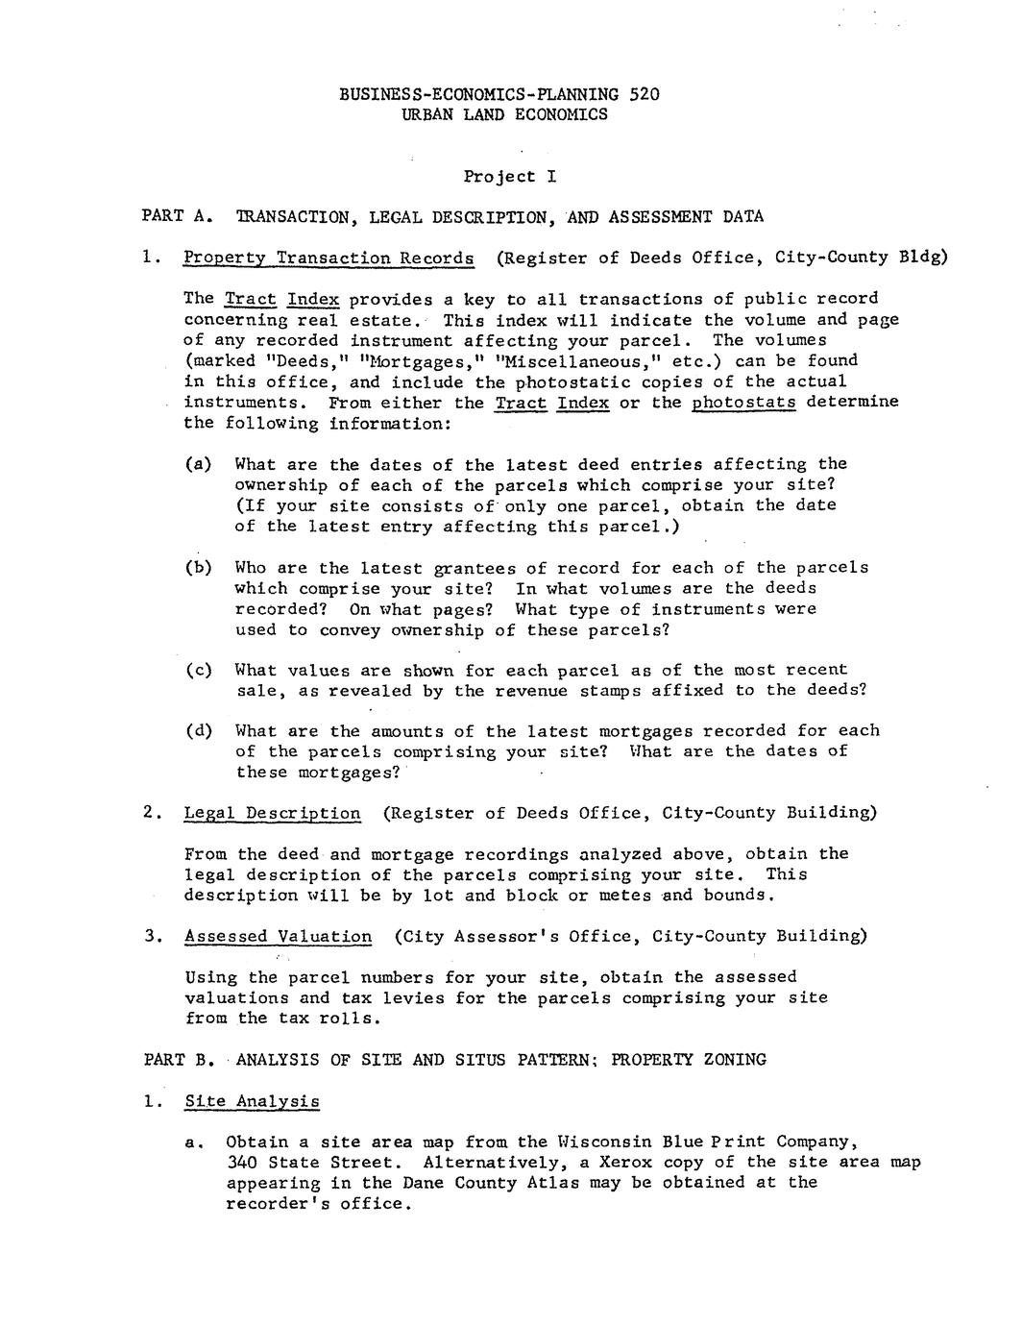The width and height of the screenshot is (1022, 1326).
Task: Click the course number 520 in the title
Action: [645, 94]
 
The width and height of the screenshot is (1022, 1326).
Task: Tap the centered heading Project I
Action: [509, 177]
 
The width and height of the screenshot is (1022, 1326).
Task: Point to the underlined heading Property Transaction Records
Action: [328, 258]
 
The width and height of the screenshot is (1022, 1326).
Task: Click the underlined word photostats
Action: [743, 402]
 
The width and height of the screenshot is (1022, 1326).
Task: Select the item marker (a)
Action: [199, 464]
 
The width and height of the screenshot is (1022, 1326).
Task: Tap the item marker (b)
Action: [199, 568]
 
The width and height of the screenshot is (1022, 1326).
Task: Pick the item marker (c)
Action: [199, 670]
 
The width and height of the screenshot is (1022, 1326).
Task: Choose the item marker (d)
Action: [199, 731]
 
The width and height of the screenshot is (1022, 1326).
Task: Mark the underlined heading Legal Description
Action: [273, 813]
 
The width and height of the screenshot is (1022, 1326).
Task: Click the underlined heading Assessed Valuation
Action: [279, 936]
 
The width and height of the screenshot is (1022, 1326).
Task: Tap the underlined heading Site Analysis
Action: [252, 1101]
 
